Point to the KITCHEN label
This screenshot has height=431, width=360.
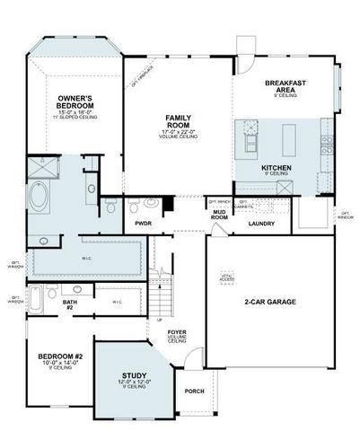(x=276, y=168)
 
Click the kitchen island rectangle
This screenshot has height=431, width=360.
(x=289, y=140)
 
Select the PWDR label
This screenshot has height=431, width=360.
(x=142, y=222)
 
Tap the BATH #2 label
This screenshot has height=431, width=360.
(x=68, y=307)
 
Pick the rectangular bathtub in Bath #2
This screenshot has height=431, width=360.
(x=34, y=297)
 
